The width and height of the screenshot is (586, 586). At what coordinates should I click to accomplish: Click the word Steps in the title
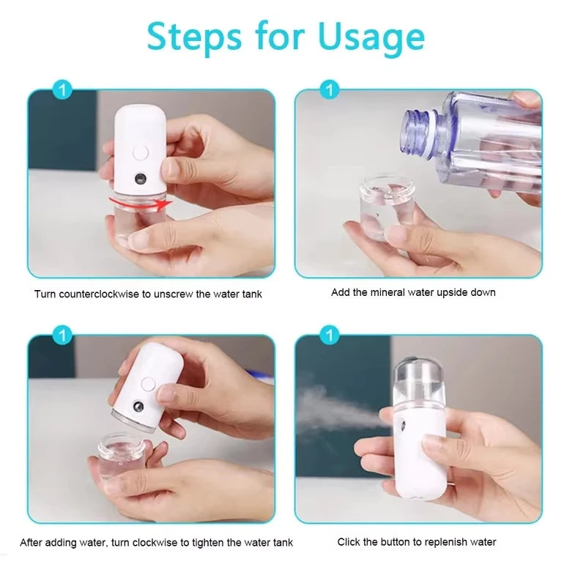coord(194,37)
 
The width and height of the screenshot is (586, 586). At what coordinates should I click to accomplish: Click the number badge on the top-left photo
coord(64,90)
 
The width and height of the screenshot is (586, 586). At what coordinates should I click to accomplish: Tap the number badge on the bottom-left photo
coord(64,336)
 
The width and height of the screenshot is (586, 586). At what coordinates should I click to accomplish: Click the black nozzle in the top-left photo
coord(138,177)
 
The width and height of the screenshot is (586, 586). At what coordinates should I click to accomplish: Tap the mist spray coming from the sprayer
coord(330,407)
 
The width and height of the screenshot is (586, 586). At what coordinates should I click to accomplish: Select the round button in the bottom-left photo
coord(149,382)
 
